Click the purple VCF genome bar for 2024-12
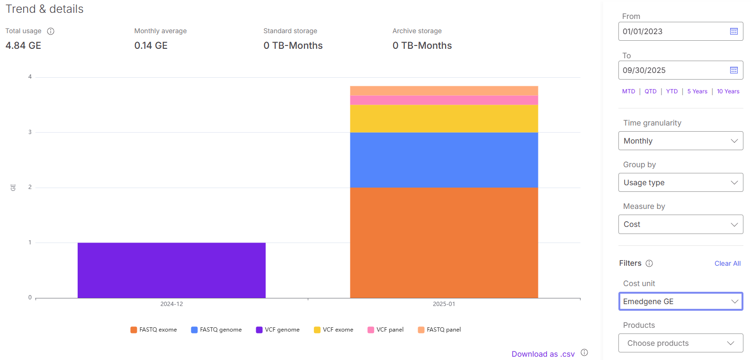tap(171, 270)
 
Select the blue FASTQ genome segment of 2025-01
tap(444, 160)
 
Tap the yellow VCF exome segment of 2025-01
tap(444, 118)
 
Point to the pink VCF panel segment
tap(444, 100)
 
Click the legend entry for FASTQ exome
tap(153, 330)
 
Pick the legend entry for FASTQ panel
tap(439, 330)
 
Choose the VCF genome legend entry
tap(277, 330)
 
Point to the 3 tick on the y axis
tap(30, 132)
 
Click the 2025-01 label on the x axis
tap(444, 304)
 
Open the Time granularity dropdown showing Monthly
tap(680, 141)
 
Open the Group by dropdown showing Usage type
tap(680, 182)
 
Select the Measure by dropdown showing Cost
tap(680, 224)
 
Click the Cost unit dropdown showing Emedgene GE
tap(680, 301)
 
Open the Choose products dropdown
tap(680, 343)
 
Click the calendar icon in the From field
tap(734, 31)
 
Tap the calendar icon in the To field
tap(734, 70)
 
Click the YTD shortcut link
tap(671, 91)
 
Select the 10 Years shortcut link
tap(728, 91)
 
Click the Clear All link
tap(727, 263)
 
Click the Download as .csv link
tap(543, 354)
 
